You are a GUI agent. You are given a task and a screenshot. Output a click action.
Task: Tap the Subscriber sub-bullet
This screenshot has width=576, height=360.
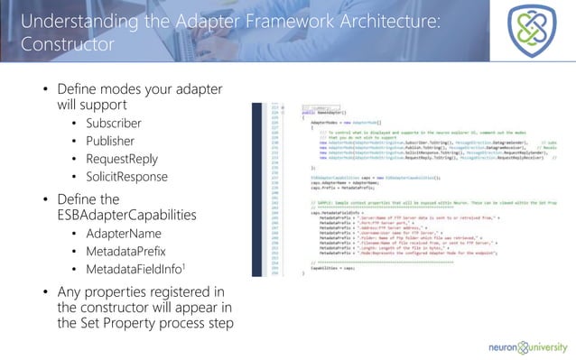[113, 123]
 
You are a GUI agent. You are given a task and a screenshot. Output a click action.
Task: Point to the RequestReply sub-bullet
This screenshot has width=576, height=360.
[119, 158]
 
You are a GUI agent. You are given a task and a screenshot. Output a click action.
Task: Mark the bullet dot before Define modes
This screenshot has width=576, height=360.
[47, 91]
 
